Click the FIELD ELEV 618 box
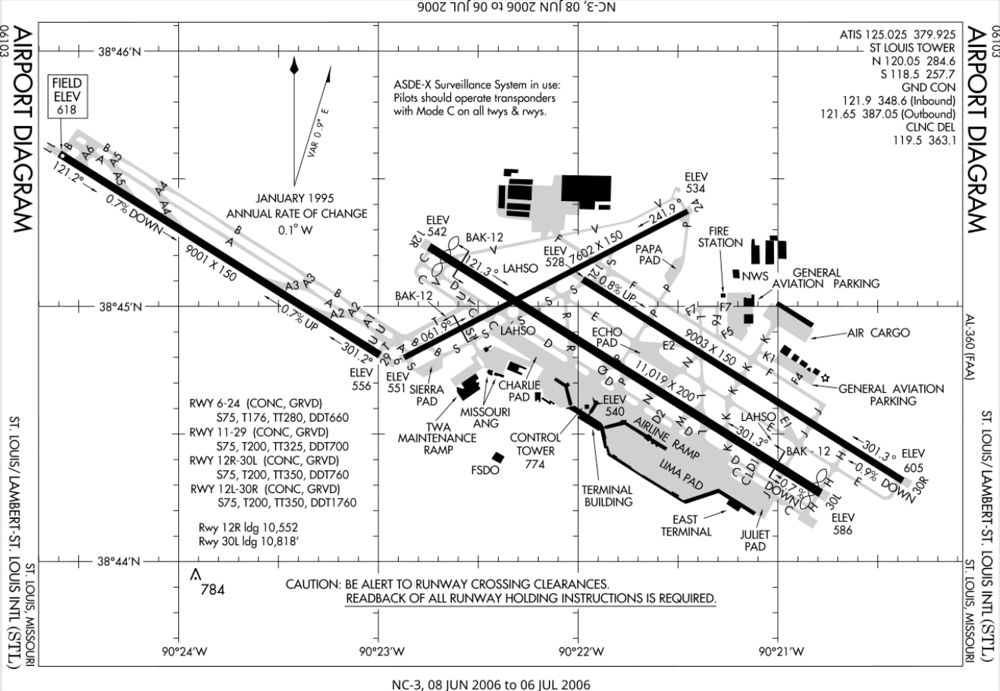point(67,96)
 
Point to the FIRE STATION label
point(719,237)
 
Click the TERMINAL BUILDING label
point(607,495)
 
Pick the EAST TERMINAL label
point(685,526)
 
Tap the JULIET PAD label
point(754,540)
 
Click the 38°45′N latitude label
point(120,307)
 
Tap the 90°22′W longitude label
point(580,652)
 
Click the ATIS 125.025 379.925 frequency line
point(897,34)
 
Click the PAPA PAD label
point(649,254)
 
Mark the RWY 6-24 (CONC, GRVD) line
point(256,402)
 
